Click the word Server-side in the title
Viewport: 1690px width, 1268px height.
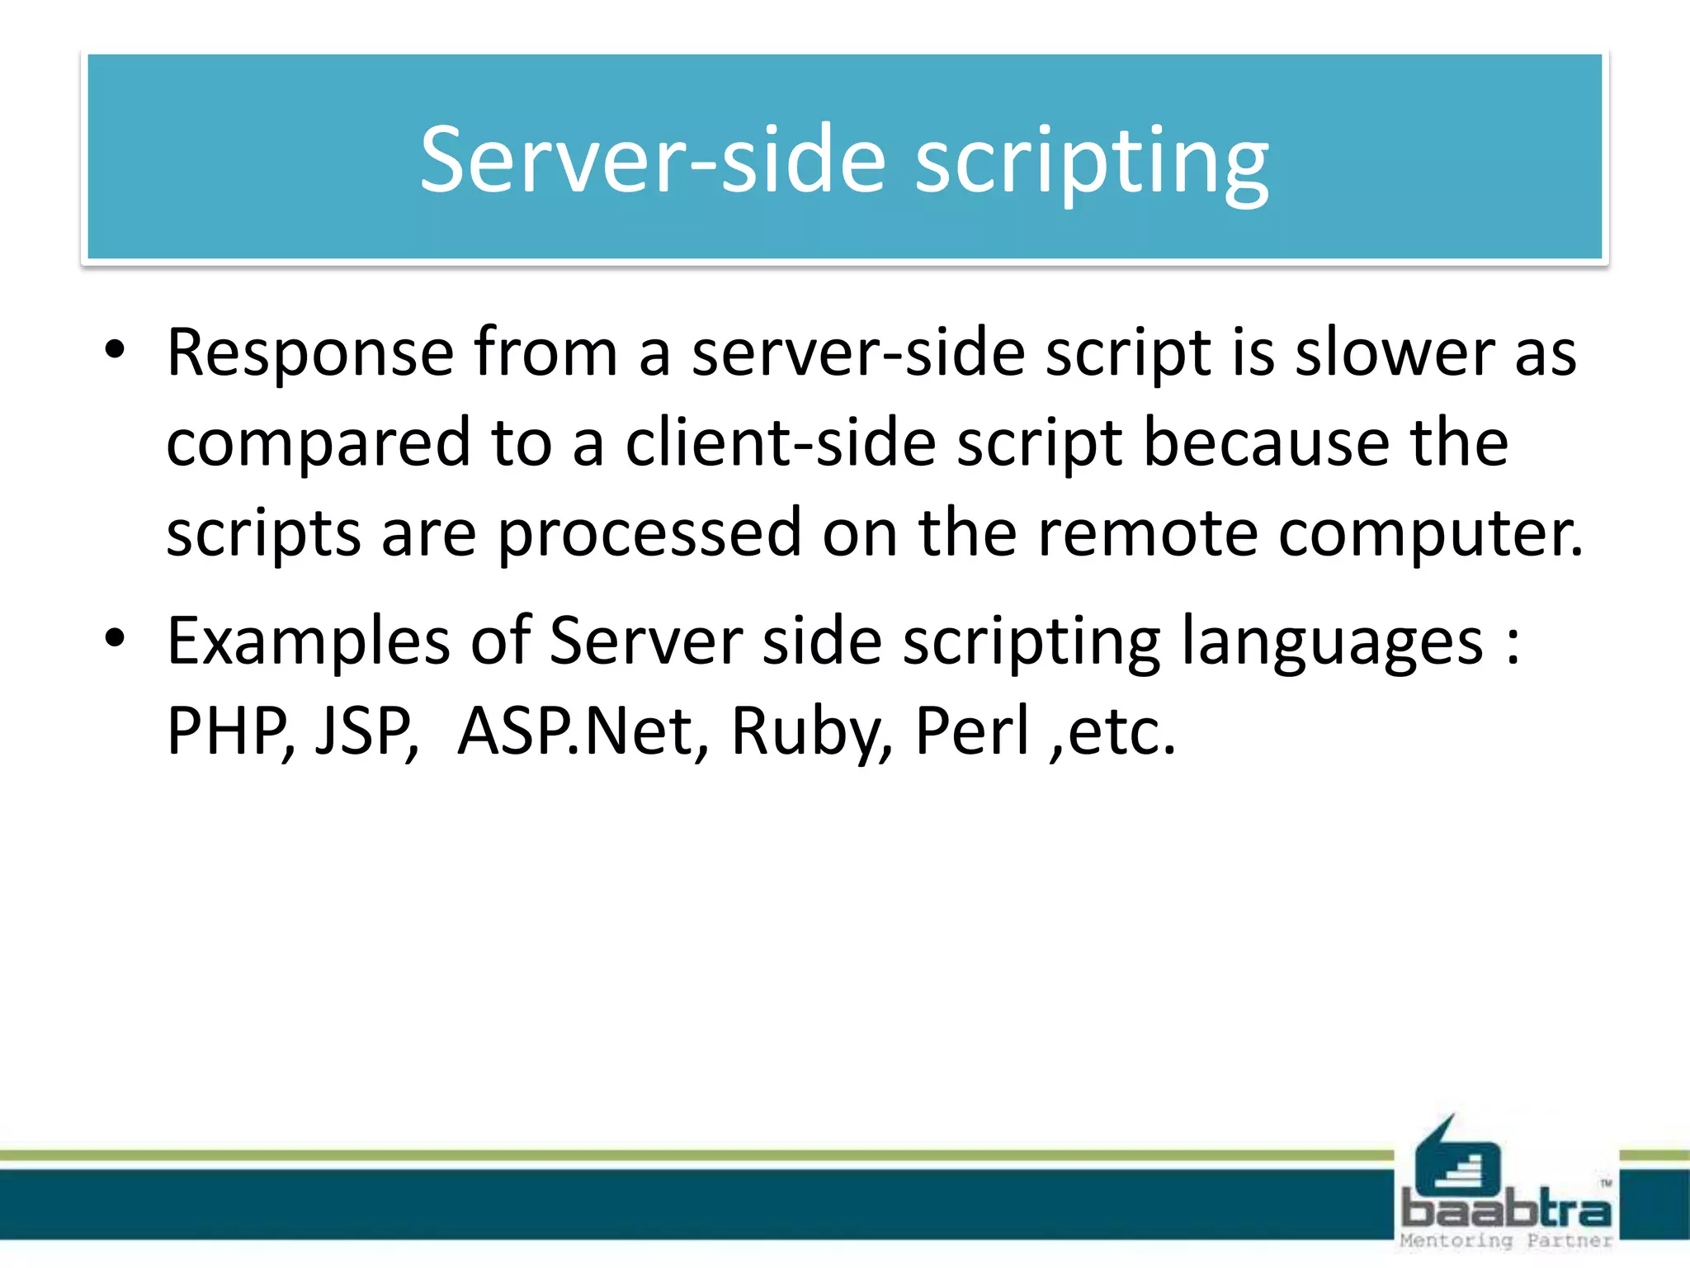click(x=652, y=160)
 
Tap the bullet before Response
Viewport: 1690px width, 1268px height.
click(x=115, y=350)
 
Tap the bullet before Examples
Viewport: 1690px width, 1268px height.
click(x=115, y=638)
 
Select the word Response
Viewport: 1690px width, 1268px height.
click(x=309, y=353)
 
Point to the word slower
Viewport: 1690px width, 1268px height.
click(x=1395, y=353)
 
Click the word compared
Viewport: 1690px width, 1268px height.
click(x=318, y=444)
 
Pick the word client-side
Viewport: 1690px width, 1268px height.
click(x=780, y=444)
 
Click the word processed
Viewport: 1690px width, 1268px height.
click(x=649, y=533)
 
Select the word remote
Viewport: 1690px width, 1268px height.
click(x=1147, y=533)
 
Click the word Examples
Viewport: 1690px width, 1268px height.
click(x=308, y=642)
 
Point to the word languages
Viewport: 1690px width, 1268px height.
click(x=1331, y=642)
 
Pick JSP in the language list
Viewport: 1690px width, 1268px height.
click(x=363, y=731)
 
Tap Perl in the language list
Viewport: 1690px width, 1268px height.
click(x=972, y=731)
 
